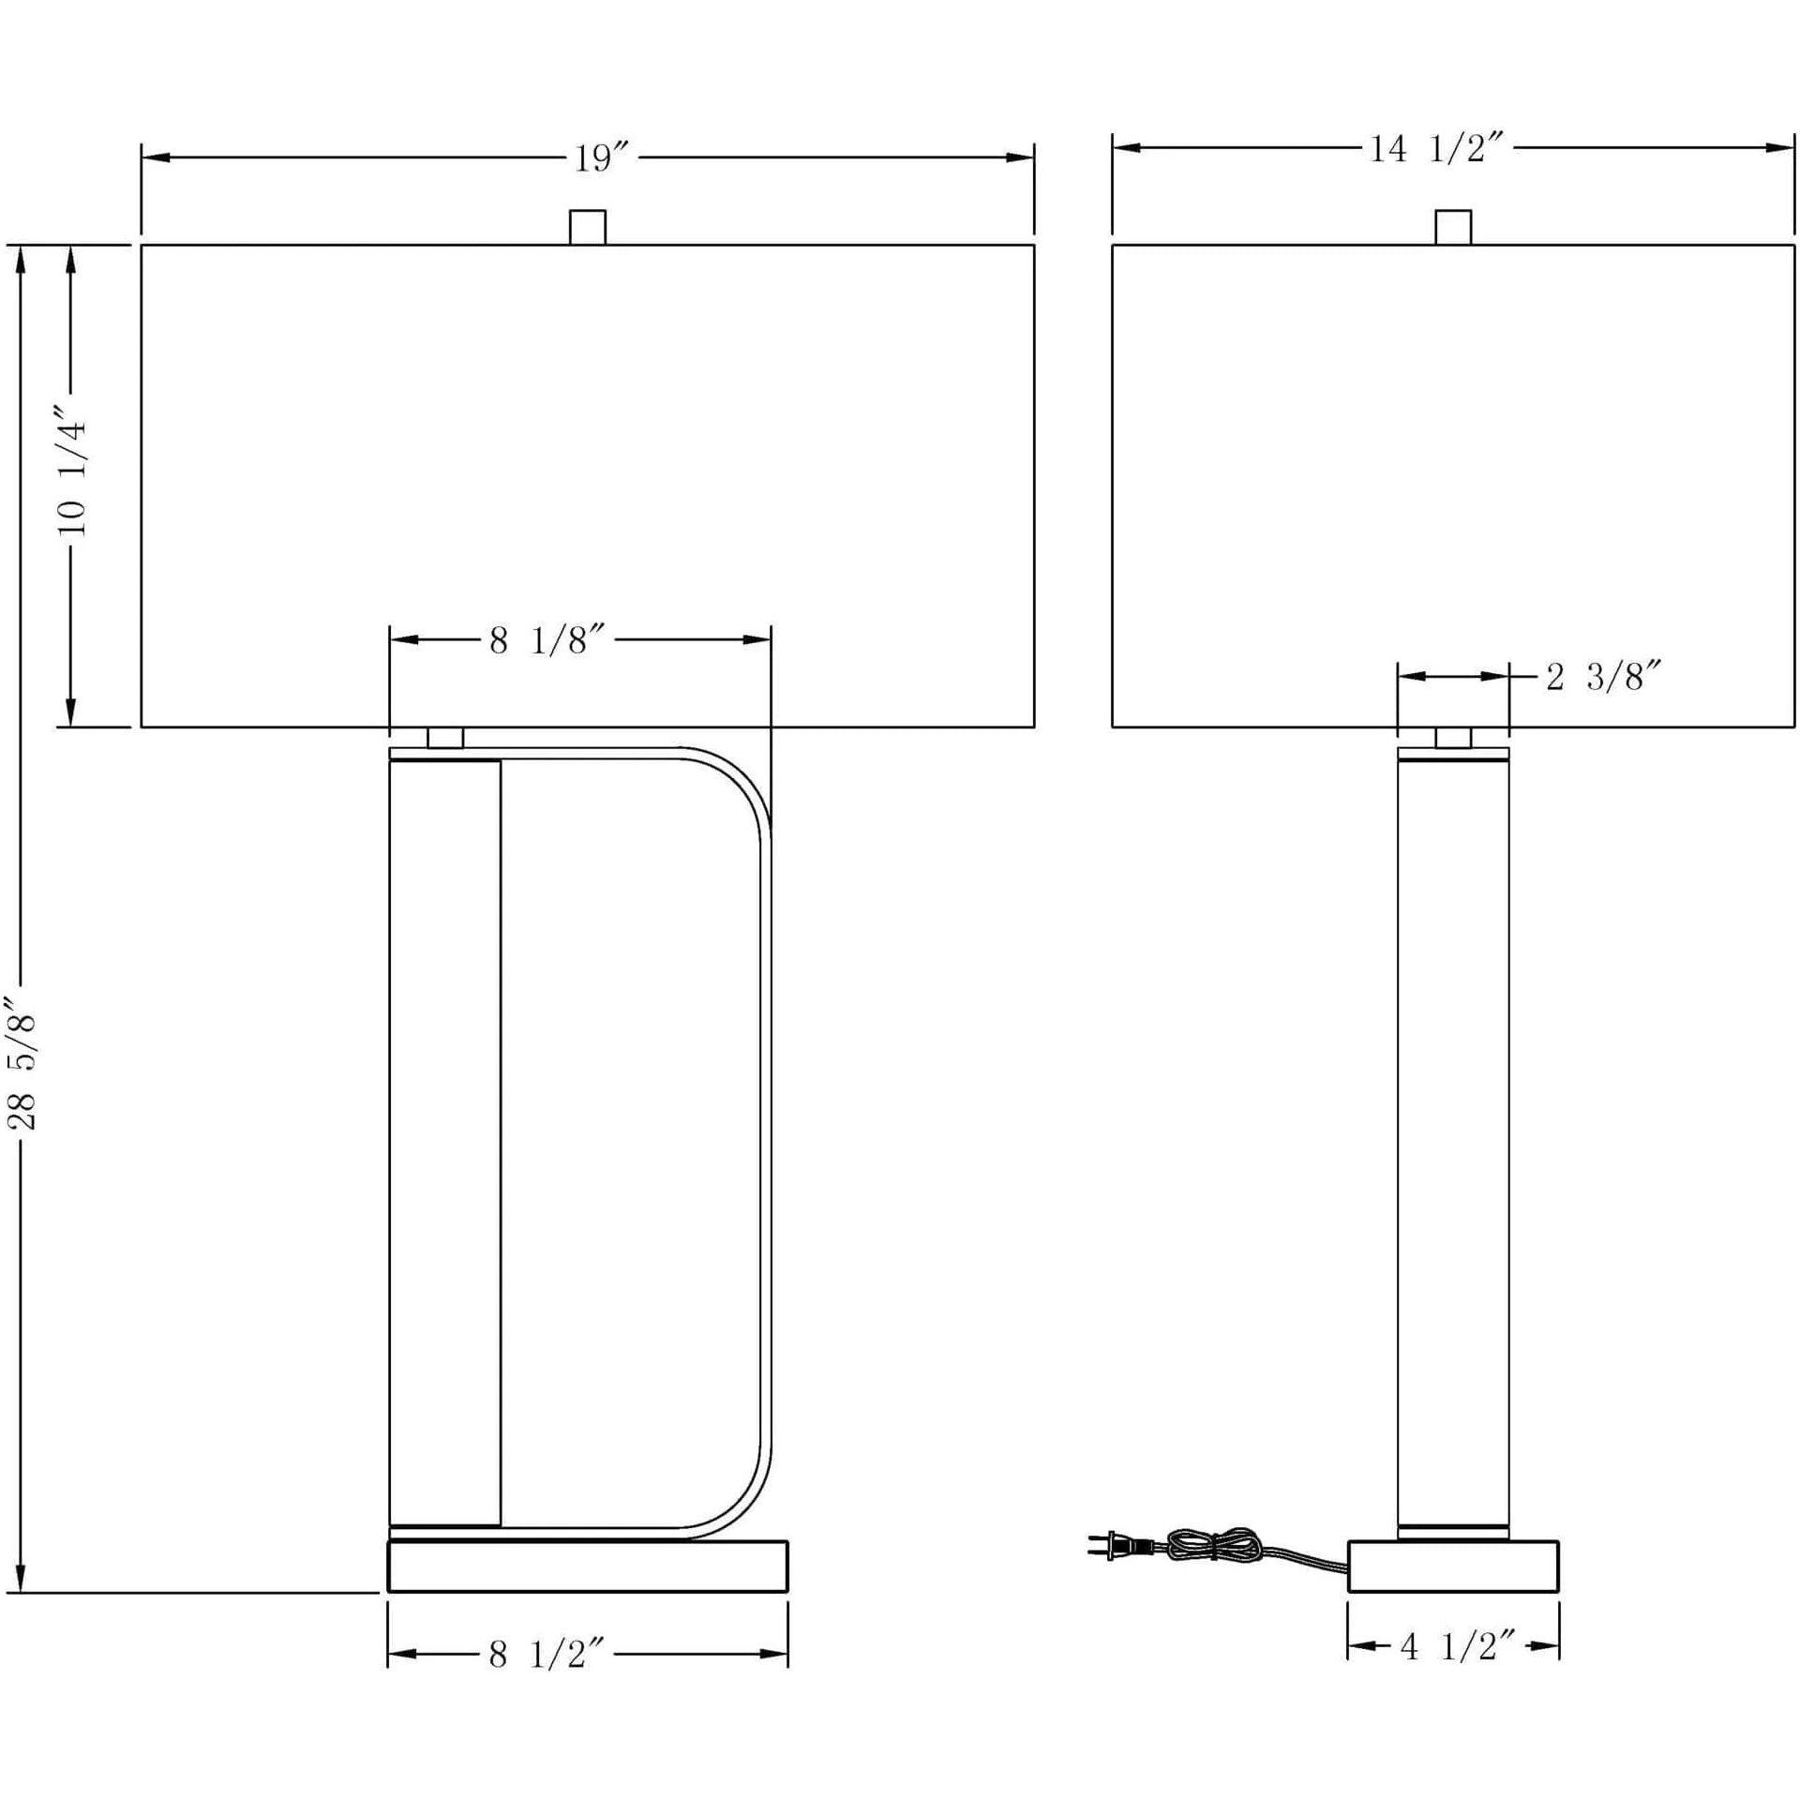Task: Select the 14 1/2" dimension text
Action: pyautogui.click(x=1438, y=148)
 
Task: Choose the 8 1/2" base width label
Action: pyautogui.click(x=551, y=1656)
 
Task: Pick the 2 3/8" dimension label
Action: pyautogui.click(x=1608, y=675)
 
